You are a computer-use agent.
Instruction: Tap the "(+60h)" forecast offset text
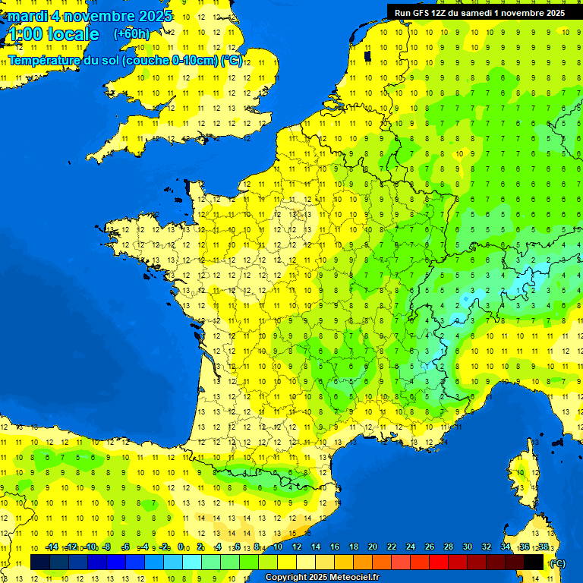pos(131,34)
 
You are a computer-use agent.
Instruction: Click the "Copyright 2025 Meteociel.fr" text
pos(323,578)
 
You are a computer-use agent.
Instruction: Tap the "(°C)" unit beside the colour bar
pos(557,563)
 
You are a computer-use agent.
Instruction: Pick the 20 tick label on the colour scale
pos(373,547)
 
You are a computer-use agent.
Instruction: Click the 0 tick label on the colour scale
pos(181,547)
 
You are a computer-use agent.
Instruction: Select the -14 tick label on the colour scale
pos(52,547)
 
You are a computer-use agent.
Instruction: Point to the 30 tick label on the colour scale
pos(468,547)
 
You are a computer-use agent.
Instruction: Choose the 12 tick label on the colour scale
pos(296,547)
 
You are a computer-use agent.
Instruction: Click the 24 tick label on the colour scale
pos(411,547)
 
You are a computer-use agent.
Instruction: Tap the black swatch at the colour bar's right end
pos(534,563)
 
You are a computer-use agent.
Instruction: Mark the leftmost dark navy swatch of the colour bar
pos(40,563)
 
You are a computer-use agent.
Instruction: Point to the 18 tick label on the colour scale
pos(354,547)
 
